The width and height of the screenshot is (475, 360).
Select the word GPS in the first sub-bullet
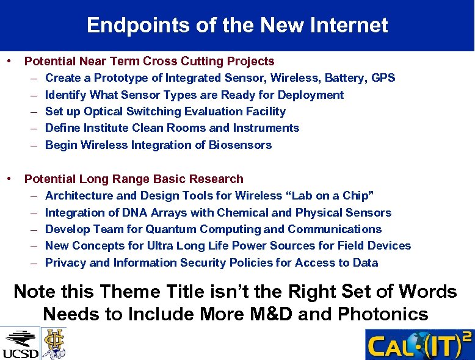tap(383, 78)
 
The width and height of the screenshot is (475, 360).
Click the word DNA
tap(118, 213)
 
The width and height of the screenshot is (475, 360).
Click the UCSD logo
tap(20, 343)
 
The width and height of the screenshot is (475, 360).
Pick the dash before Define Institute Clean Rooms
tap(32, 128)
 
